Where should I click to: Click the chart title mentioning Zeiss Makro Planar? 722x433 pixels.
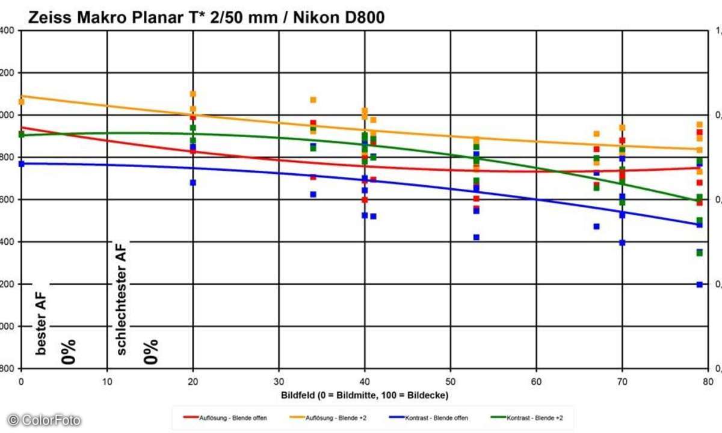tap(206, 18)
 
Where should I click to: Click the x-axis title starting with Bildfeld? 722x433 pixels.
tap(365, 395)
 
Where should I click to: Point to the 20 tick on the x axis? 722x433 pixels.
tap(193, 381)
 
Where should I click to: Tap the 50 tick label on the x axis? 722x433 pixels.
tap(450, 381)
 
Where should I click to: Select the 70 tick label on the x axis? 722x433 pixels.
tap(622, 381)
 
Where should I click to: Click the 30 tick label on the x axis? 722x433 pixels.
tap(279, 381)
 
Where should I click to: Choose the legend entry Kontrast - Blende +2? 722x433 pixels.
tap(529, 417)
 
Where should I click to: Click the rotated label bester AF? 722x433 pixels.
tap(41, 318)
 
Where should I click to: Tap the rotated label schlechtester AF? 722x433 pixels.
tap(121, 298)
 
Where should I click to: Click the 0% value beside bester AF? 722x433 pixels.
tap(69, 352)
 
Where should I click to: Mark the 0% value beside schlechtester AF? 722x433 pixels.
tap(151, 352)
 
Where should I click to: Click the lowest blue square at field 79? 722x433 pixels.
tap(700, 284)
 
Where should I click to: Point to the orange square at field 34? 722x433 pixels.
tap(313, 100)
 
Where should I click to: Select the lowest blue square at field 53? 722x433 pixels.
tap(476, 238)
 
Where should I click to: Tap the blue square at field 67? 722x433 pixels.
tap(596, 227)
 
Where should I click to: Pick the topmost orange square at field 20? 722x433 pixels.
tap(193, 94)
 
